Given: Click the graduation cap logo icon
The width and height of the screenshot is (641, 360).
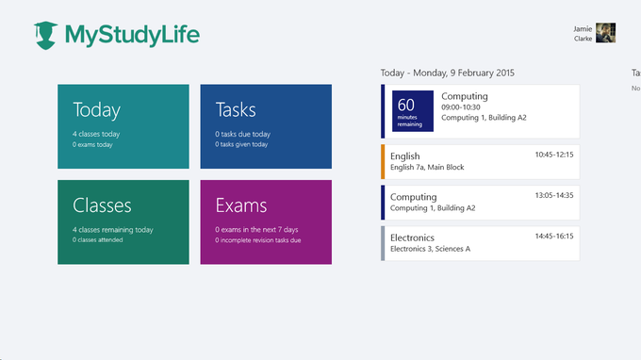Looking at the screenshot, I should click(x=45, y=35).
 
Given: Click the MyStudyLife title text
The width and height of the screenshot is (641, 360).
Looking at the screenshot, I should click(x=132, y=35).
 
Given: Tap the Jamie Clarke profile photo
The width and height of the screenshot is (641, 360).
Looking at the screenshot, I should click(x=606, y=33).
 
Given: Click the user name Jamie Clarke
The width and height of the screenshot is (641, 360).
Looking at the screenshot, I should click(x=583, y=34).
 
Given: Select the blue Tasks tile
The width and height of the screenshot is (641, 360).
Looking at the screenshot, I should click(x=266, y=126).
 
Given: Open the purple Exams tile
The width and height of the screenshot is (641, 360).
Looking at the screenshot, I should click(x=266, y=221).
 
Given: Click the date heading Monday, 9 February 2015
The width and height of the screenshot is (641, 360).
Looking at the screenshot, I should click(x=448, y=73).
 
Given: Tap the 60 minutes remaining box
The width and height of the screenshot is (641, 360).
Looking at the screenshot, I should click(x=413, y=111).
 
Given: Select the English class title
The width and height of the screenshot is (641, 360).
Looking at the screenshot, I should click(x=405, y=155).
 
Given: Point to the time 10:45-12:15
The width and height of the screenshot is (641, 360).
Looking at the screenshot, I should click(x=553, y=155).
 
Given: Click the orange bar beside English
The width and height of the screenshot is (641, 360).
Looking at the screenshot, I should click(x=383, y=161).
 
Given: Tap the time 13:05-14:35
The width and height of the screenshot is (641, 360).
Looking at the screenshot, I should click(x=553, y=195).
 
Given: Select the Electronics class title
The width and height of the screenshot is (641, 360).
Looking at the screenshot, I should click(x=412, y=237).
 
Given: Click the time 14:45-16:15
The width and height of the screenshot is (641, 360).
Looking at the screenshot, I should click(x=553, y=237).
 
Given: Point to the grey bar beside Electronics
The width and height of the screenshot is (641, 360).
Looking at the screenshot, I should click(x=383, y=243).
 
